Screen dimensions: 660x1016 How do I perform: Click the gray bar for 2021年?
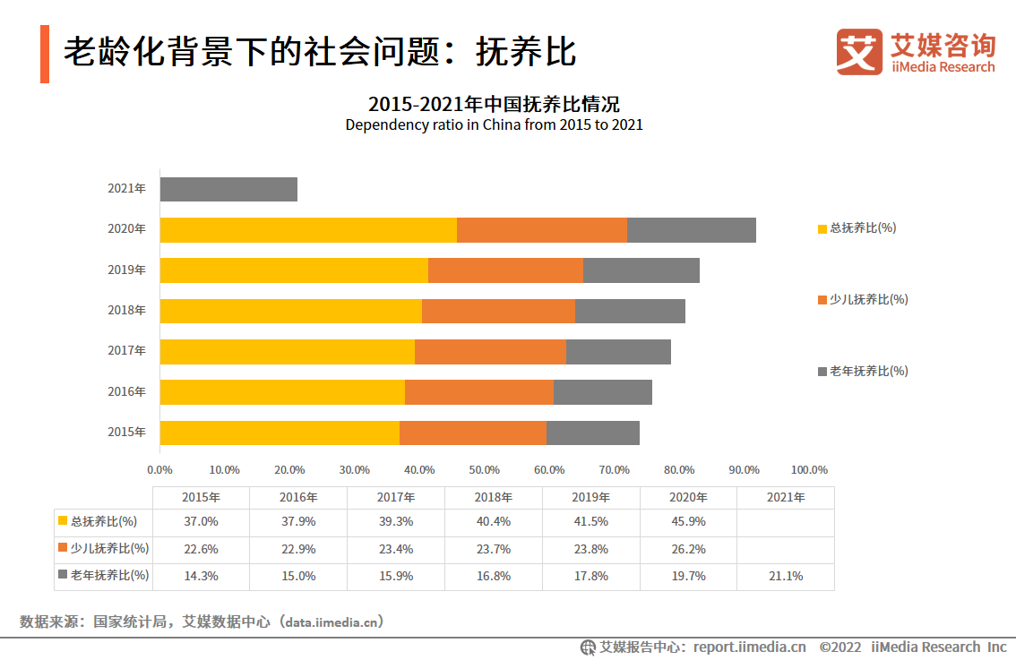(228, 189)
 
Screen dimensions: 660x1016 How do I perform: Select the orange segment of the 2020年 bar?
(541, 229)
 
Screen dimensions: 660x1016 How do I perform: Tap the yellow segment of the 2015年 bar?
(280, 433)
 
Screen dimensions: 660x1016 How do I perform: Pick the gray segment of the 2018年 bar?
(630, 311)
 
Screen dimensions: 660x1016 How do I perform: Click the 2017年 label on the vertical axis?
(126, 351)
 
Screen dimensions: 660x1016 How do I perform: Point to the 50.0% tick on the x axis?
(485, 469)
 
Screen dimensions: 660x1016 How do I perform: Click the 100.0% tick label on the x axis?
(809, 469)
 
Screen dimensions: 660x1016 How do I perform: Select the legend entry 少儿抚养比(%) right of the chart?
(863, 299)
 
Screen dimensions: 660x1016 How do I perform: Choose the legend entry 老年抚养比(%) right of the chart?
(863, 371)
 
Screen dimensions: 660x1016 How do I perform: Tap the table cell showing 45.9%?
(688, 521)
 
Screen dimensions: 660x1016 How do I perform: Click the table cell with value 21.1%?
(785, 576)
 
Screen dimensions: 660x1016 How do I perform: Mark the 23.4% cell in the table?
(396, 549)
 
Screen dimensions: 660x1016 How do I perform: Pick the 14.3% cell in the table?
(201, 576)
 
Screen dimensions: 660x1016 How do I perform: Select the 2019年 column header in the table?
(591, 497)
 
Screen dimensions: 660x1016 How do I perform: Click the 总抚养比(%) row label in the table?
(104, 521)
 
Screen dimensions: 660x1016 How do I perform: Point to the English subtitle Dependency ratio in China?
(494, 125)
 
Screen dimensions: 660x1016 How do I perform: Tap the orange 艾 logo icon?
(859, 52)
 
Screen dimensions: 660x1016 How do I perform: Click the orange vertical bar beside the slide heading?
(45, 54)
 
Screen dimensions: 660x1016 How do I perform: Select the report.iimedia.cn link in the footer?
(749, 647)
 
